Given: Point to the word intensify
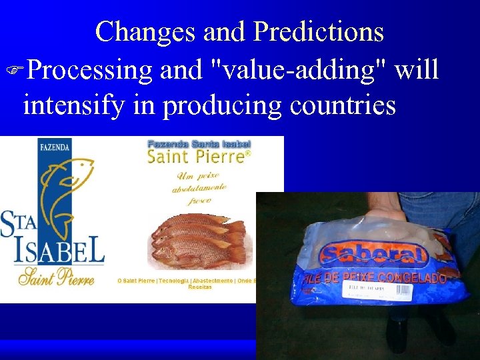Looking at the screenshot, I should click(73, 105).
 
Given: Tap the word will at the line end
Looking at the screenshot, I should click(416, 69).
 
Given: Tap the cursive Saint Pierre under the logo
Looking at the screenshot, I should click(57, 276).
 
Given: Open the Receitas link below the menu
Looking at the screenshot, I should click(200, 287).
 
